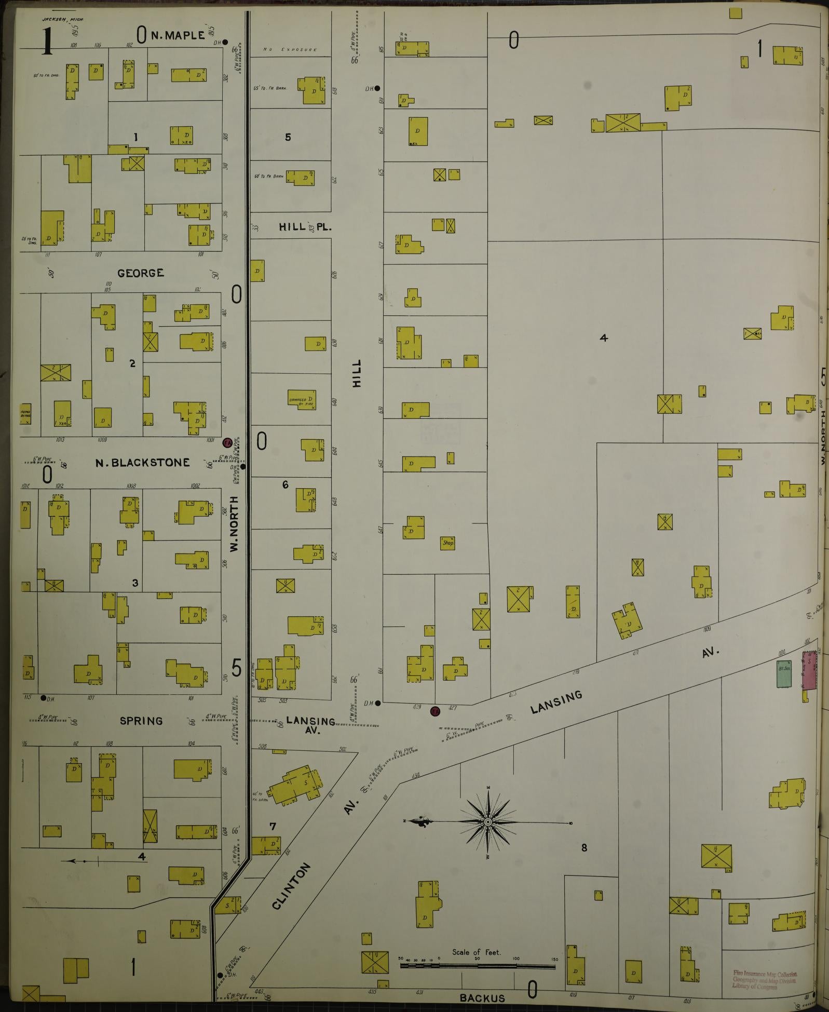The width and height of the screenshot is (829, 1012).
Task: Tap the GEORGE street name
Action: coord(141,273)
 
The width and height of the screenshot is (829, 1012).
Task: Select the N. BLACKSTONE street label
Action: coord(142,462)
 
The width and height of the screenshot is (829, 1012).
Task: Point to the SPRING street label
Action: coord(141,721)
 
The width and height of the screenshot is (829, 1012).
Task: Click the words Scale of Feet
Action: coord(476,952)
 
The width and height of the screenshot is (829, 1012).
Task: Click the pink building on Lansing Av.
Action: coord(809,671)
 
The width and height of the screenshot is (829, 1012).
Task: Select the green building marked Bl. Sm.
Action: coord(783,673)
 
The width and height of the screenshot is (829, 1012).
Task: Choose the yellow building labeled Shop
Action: coord(447,543)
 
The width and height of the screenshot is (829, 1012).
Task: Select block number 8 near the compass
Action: coord(584,848)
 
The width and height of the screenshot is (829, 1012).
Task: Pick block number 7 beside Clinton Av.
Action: coord(273,826)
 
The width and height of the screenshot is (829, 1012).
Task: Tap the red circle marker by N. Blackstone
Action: coord(227,443)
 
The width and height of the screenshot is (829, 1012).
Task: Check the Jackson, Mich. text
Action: coord(63,19)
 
